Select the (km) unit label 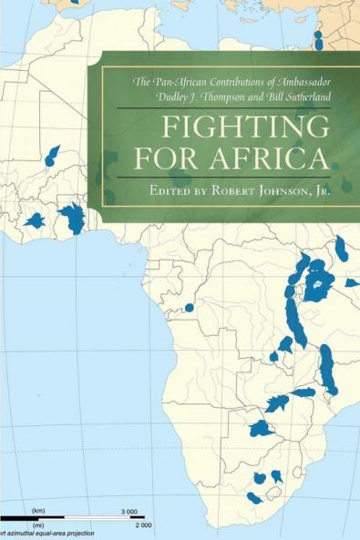click(38, 510)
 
